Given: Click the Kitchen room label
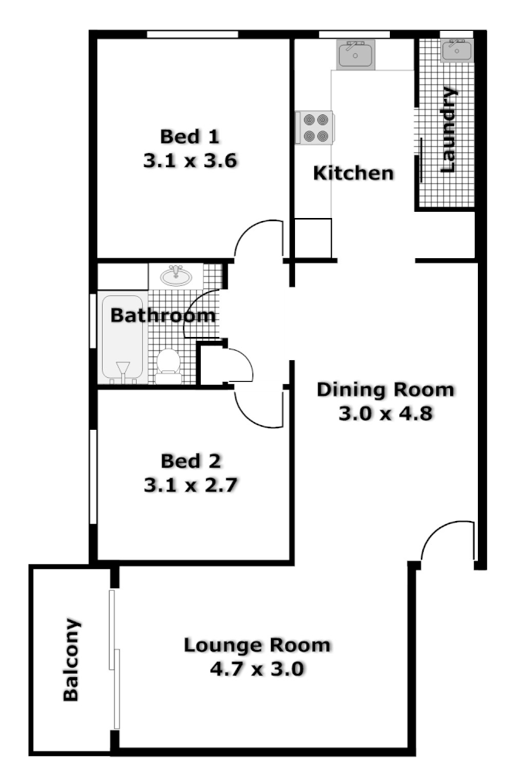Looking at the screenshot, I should tap(353, 173).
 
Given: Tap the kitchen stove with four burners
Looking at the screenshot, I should tap(315, 128).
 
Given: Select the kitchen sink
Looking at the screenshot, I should tap(355, 54).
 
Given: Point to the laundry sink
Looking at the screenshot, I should tap(456, 51).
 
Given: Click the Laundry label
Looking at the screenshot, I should tap(448, 129).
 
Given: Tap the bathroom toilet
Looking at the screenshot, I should tap(168, 365).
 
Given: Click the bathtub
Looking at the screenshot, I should tap(122, 339).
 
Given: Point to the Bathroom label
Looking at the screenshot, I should tap(162, 315).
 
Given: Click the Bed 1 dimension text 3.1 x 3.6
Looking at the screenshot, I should tap(190, 161).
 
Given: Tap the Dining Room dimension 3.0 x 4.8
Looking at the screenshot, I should tap(385, 414).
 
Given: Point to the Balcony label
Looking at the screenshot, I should tap(71, 659).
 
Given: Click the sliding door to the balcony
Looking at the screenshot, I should tap(115, 659).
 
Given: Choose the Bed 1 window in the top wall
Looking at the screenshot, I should tap(192, 33).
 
